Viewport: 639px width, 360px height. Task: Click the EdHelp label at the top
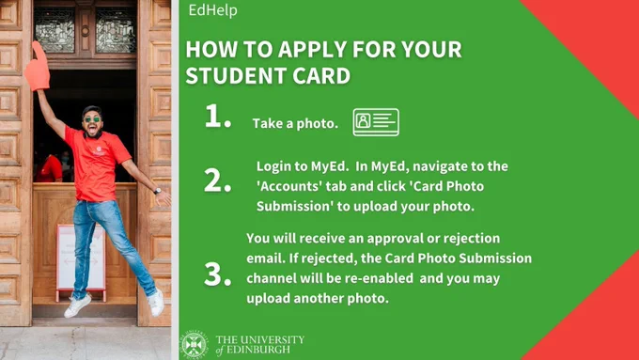(212, 10)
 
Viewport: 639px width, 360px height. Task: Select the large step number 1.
(218, 117)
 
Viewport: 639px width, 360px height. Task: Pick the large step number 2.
(218, 180)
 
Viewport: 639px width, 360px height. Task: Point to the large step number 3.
(218, 274)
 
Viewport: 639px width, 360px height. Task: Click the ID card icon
(376, 122)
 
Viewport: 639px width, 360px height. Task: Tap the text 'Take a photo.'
(295, 123)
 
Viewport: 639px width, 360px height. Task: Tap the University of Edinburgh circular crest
(194, 345)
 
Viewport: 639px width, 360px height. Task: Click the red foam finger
(37, 68)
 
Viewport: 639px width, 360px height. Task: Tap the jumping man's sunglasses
(92, 119)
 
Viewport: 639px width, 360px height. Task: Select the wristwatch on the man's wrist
(157, 191)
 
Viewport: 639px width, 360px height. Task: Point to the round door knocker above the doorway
(86, 31)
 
